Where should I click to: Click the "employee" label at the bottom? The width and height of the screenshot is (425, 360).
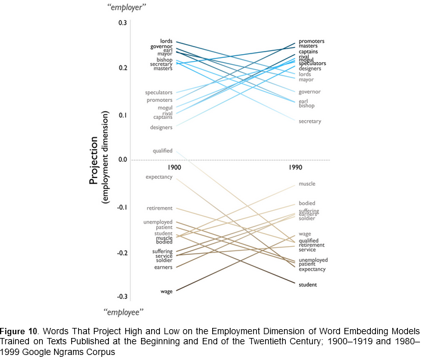(x=123, y=312)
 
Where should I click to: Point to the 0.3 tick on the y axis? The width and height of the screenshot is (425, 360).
(x=122, y=23)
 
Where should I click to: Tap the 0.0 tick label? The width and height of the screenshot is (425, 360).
(x=122, y=160)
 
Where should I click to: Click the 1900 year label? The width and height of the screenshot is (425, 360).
(x=174, y=169)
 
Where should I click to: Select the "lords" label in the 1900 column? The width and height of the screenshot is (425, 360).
(x=166, y=42)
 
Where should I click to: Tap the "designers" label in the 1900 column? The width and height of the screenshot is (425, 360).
(x=161, y=128)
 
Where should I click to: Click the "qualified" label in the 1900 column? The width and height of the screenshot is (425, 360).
(x=162, y=151)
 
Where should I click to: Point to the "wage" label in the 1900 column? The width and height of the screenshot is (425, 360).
(x=166, y=291)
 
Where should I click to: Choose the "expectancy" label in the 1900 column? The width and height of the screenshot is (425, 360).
(x=159, y=177)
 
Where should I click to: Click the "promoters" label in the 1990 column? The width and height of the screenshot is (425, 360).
(x=312, y=42)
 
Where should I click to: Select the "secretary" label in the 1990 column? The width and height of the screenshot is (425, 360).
(x=310, y=121)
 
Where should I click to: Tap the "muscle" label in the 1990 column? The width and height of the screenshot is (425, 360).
(x=307, y=184)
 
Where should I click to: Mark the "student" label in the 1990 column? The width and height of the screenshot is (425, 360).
(x=308, y=285)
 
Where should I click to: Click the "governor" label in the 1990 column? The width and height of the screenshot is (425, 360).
(x=310, y=92)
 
